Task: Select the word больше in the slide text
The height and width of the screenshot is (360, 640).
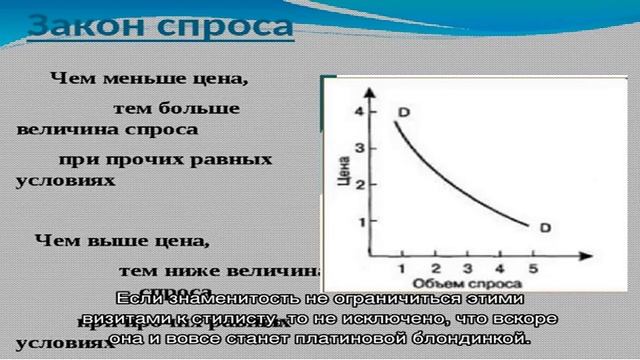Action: point(208,108)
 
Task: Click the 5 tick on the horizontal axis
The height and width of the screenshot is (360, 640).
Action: point(532,269)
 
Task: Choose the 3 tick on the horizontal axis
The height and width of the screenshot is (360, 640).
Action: point(468,269)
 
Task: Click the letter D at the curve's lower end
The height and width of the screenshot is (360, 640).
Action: point(545,228)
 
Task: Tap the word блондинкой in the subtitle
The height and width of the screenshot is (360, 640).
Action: point(469,339)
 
